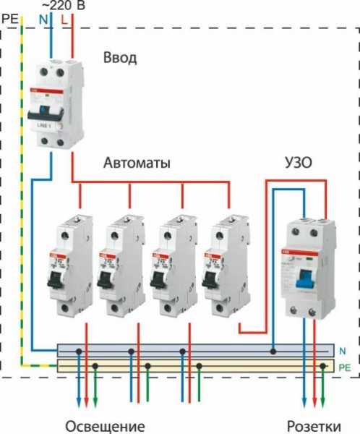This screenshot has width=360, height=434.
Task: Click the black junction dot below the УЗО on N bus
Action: click(x=273, y=352)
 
